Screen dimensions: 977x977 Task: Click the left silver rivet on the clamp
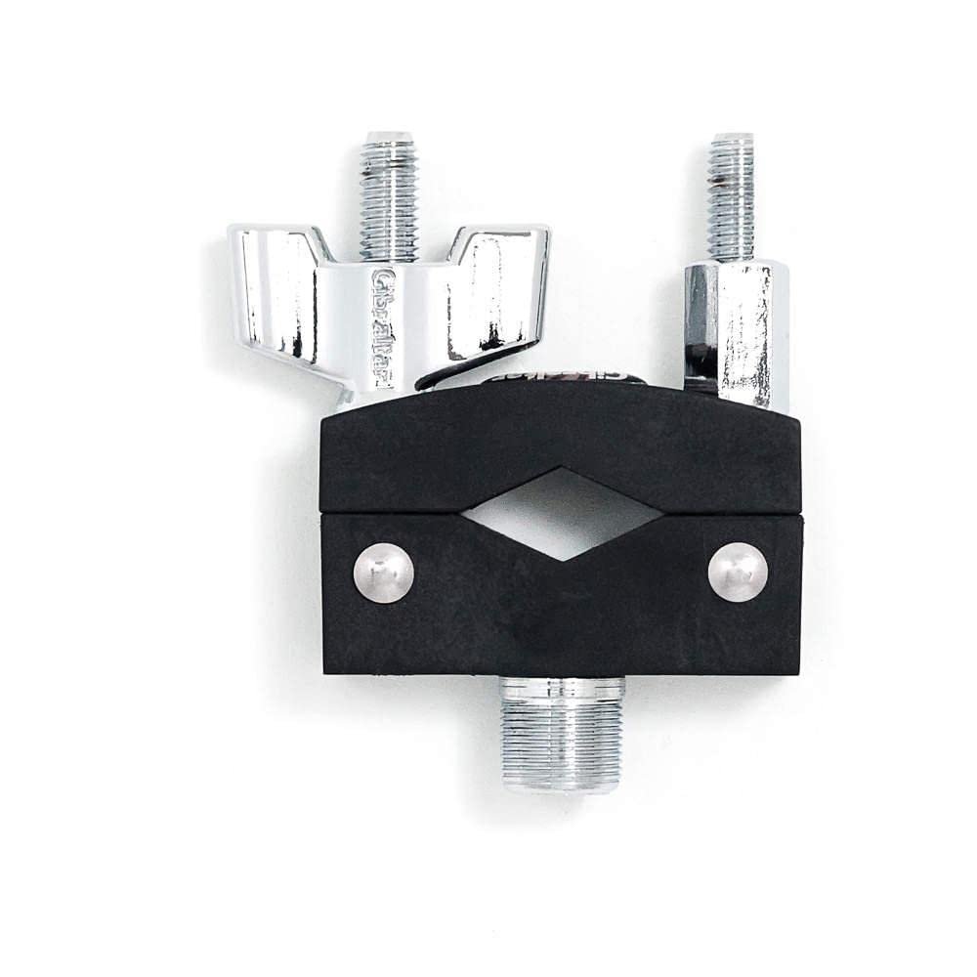(383, 573)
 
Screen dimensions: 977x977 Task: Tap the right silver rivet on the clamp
(738, 572)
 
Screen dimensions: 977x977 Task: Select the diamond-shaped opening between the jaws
(562, 514)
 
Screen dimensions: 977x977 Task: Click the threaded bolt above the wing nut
(388, 195)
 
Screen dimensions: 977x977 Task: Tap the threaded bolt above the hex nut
(732, 195)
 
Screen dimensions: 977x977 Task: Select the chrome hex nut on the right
(736, 332)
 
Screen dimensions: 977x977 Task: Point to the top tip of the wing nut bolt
(388, 137)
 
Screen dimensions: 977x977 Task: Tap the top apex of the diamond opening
(558, 470)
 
